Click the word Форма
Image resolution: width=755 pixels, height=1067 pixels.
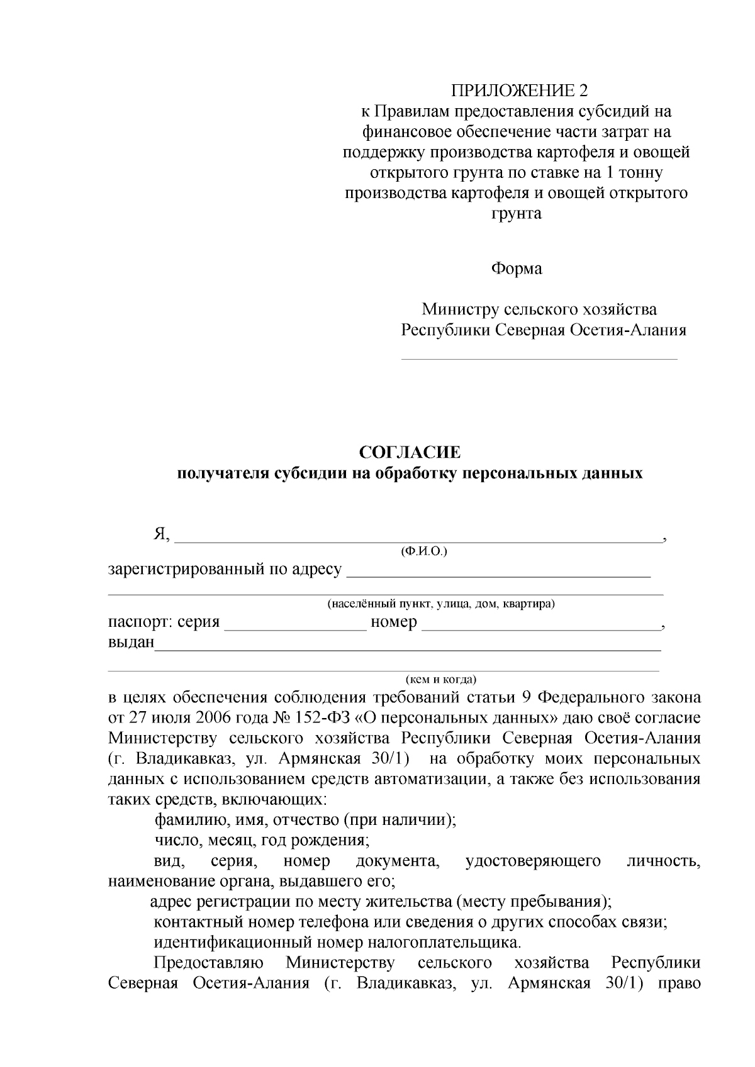click(x=516, y=268)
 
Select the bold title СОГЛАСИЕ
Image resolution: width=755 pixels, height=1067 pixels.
click(x=410, y=452)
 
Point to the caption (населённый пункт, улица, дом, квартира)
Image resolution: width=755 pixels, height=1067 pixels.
click(x=440, y=604)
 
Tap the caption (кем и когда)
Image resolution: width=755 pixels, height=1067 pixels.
click(x=440, y=680)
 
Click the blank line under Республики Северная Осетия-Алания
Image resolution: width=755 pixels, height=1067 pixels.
click(x=539, y=358)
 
